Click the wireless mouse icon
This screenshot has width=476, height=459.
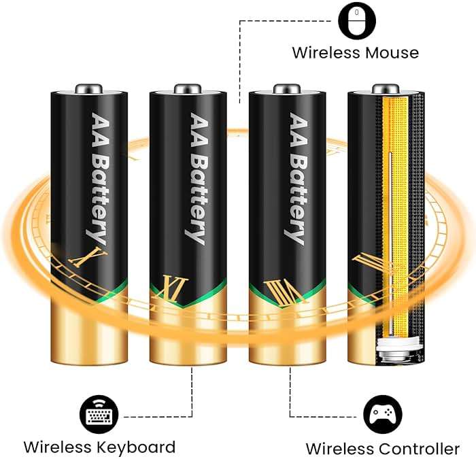pos(357,20)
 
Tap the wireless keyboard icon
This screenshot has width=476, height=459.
pos(99,414)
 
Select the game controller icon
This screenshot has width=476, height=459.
pos(383,414)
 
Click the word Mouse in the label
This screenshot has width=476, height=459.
pos(392,53)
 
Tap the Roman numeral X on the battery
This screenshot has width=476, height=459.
pos(88,257)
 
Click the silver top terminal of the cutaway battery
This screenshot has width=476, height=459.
pos(386,89)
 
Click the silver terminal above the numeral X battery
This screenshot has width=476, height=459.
pos(89,89)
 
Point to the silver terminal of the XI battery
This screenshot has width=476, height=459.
pos(188,89)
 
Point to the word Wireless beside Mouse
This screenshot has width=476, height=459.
pos(326,53)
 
